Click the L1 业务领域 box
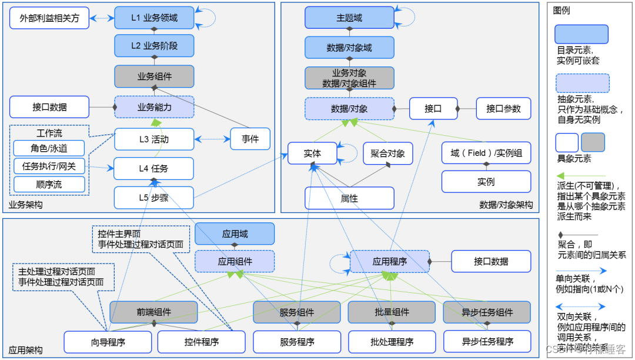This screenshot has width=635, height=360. [154, 18]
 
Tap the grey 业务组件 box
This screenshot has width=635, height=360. [154, 76]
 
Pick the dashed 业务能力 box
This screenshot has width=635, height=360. [154, 107]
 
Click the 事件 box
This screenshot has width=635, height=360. [250, 139]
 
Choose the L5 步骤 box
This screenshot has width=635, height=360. [154, 198]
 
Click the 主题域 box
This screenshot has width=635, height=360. [349, 18]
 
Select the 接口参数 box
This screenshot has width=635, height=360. [503, 108]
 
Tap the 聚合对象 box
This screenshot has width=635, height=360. [387, 154]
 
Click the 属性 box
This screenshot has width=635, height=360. [349, 198]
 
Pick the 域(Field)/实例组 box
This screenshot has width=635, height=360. [486, 153]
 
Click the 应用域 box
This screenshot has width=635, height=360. [235, 234]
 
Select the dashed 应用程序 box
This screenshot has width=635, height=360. [390, 261]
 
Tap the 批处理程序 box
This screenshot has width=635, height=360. [392, 341]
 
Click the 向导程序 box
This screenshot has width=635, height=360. [108, 341]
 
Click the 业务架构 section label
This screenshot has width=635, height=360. [25, 205]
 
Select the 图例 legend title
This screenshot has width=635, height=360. [562, 11]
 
